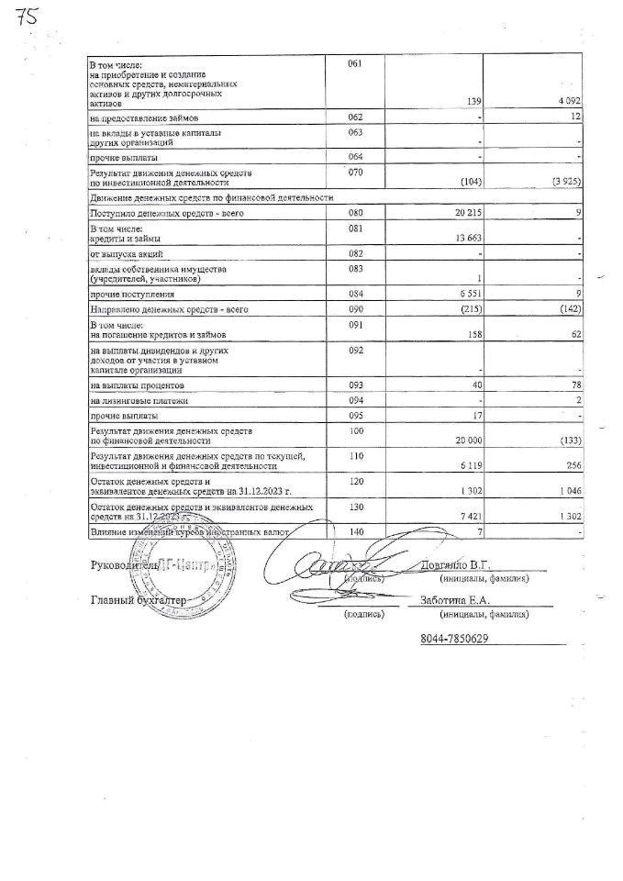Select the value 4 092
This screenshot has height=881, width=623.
(567, 101)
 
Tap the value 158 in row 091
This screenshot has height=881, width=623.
(475, 335)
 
